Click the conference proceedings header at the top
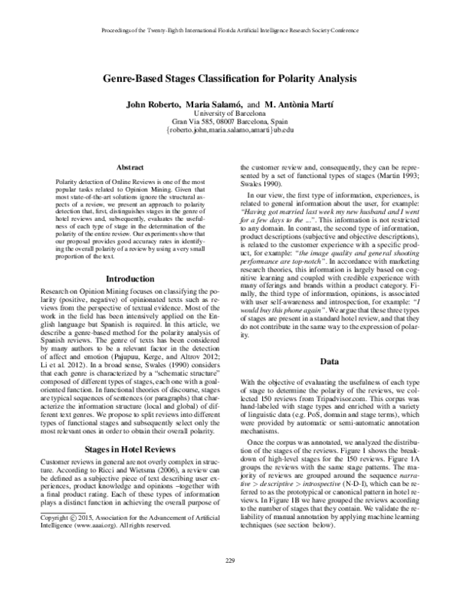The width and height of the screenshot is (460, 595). click(x=230, y=34)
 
